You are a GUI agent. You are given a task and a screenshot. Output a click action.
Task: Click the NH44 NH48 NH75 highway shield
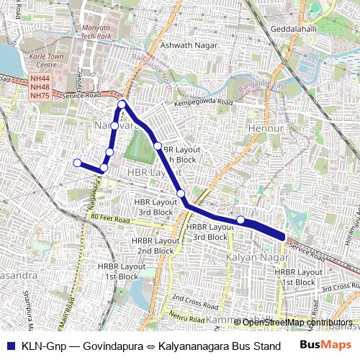[x=40, y=87]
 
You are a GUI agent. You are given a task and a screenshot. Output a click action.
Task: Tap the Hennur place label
[x=262, y=128]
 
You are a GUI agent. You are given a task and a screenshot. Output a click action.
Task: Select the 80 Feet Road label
[x=109, y=216]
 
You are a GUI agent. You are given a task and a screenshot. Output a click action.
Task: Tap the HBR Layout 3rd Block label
[x=156, y=208]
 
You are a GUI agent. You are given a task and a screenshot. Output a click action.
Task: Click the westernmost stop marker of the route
[x=77, y=163]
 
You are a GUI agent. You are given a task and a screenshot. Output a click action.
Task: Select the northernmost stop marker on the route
[x=122, y=104]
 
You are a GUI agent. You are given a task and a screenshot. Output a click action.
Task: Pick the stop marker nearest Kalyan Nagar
[x=240, y=220]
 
